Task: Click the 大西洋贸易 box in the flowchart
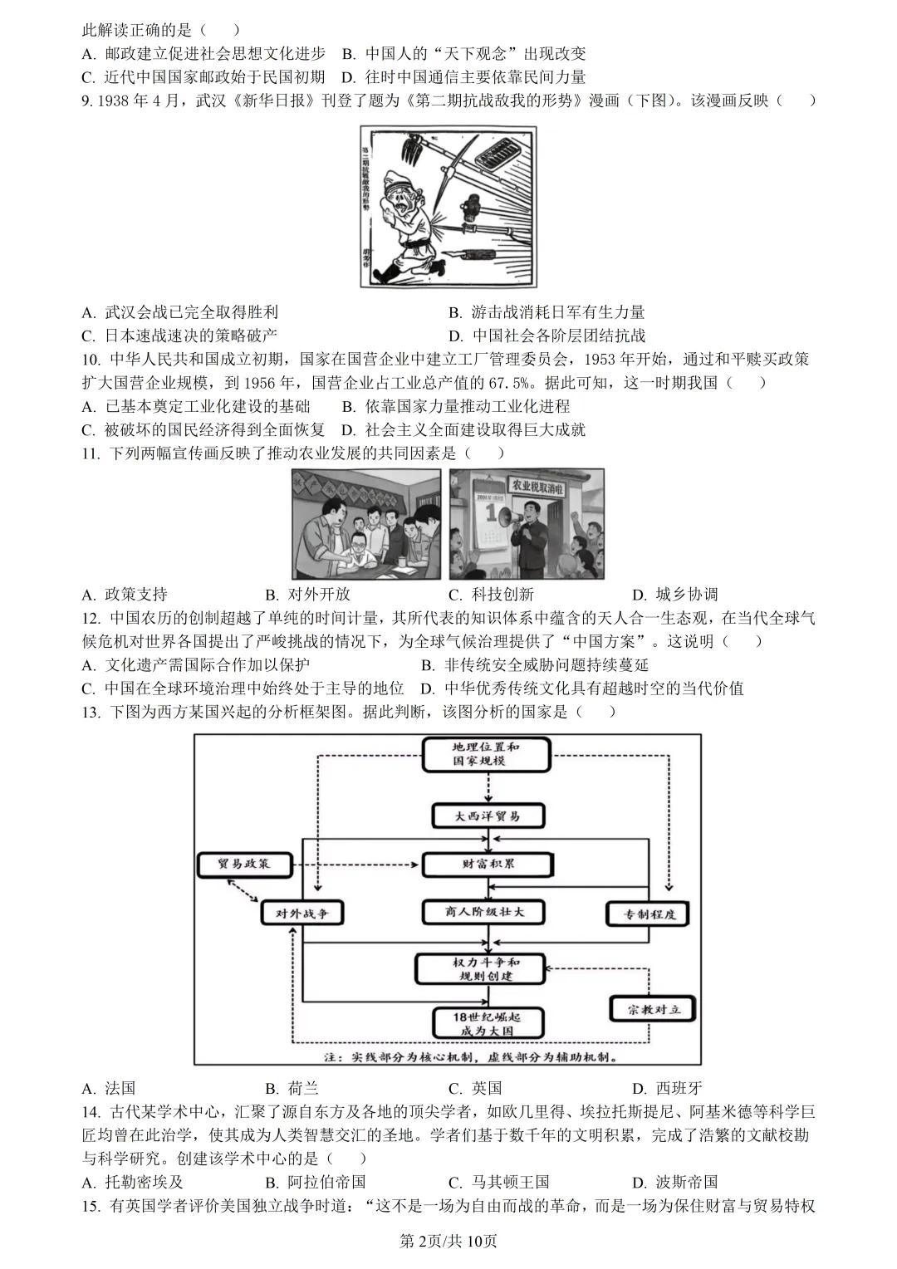(488, 816)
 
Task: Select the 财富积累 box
(488, 864)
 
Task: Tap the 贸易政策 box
(244, 864)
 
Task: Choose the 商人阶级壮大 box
(484, 912)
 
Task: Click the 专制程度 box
(649, 914)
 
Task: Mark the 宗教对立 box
(653, 1009)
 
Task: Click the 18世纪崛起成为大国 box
(488, 1024)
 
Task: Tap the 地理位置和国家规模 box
(486, 753)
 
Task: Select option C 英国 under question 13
(476, 1088)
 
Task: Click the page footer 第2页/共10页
(448, 1242)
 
